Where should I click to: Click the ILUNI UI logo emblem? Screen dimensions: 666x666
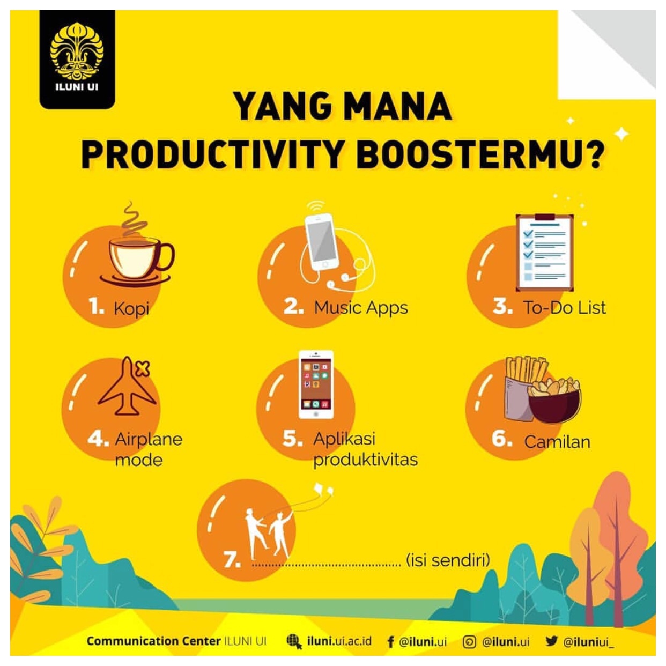(77, 51)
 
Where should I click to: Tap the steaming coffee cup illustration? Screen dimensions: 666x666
(138, 257)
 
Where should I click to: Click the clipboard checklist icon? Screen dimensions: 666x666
(544, 251)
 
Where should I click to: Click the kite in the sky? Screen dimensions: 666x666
(323, 489)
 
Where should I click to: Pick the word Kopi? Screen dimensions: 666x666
(131, 309)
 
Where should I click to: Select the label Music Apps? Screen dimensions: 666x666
(361, 308)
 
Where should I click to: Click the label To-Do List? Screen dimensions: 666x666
(565, 308)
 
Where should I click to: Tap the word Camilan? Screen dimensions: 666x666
(557, 442)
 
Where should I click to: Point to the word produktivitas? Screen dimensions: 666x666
(365, 460)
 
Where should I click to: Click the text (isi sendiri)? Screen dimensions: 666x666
(448, 560)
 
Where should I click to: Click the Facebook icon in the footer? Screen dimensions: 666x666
(390, 642)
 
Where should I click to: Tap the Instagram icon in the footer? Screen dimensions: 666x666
(469, 642)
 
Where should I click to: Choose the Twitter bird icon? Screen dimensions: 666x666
(551, 641)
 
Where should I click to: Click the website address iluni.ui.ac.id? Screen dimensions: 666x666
(339, 641)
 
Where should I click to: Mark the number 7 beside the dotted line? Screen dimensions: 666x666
(232, 560)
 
